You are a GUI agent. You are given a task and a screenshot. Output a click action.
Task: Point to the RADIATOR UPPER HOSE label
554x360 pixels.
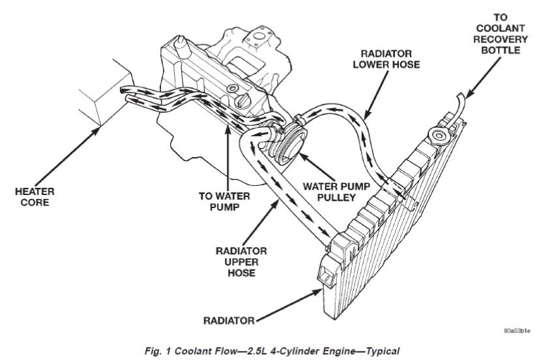click(241, 262)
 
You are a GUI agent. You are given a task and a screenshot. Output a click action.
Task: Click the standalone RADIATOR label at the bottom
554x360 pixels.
click(227, 320)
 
